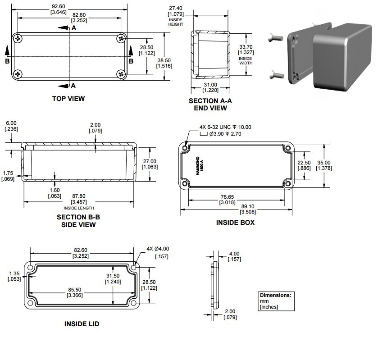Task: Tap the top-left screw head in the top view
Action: (18, 38)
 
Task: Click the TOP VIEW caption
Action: (68, 98)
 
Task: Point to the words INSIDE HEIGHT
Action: (176, 22)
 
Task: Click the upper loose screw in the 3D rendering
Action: (275, 37)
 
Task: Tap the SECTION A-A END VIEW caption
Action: (210, 104)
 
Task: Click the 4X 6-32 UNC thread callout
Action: (225, 127)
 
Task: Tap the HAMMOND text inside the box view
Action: (198, 166)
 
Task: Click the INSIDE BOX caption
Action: (235, 222)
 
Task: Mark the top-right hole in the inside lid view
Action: (134, 267)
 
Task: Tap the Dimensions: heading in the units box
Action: (276, 295)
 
